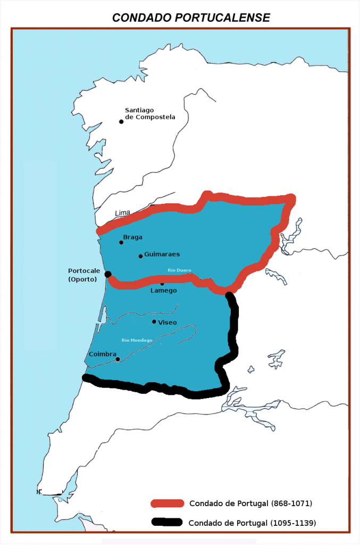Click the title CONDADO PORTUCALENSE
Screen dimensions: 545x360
tap(191, 18)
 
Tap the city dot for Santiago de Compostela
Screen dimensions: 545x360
tap(121, 121)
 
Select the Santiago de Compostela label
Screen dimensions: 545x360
tap(149, 114)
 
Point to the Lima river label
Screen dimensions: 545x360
tap(122, 213)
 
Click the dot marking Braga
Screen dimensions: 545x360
tap(121, 242)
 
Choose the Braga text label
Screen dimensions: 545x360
tap(133, 237)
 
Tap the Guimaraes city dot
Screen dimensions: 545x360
tap(140, 256)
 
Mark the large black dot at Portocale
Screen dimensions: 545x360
tap(108, 274)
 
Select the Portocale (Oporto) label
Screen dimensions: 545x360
tap(84, 275)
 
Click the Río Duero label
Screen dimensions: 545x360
tap(179, 270)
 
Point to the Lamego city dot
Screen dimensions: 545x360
tap(162, 284)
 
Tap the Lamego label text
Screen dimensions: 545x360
tap(163, 291)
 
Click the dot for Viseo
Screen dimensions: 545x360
tap(154, 321)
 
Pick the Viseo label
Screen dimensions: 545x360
tap(168, 322)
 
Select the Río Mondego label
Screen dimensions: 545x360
tap(137, 340)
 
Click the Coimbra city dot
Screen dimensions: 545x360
tap(118, 359)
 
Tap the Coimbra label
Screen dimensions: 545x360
tap(103, 353)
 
